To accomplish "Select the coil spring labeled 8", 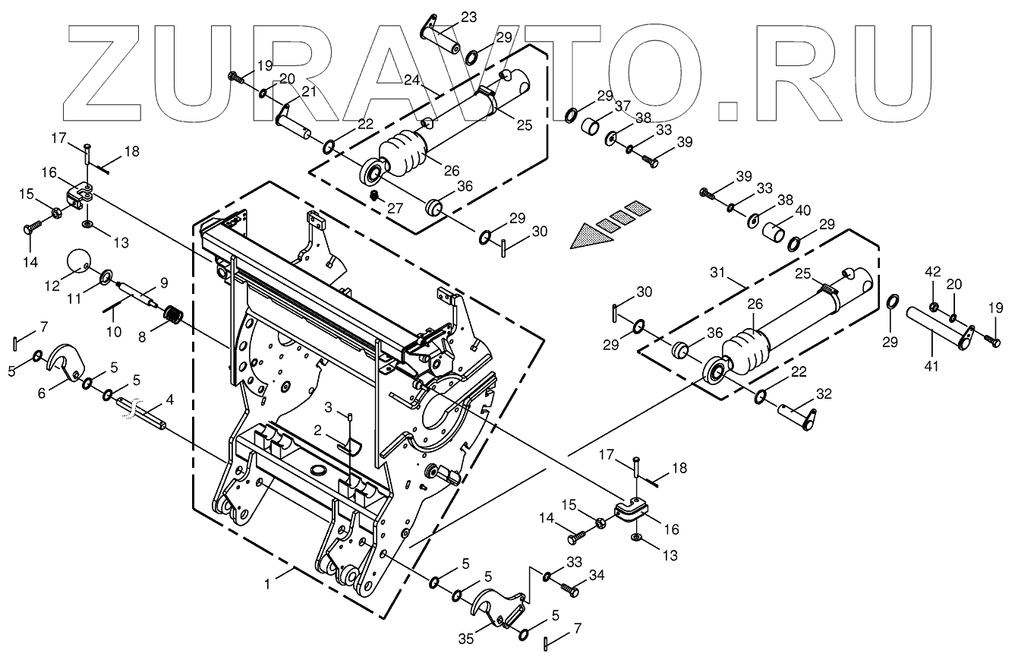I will point(175,314).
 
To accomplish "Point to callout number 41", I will point(931,366).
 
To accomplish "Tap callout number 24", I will point(411,80).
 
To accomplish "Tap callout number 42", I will point(933,271).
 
